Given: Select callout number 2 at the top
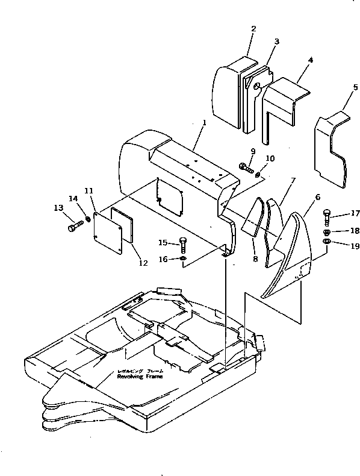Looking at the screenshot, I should tap(253, 28).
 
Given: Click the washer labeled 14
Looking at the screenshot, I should tap(89, 218).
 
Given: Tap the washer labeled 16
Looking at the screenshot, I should tap(182, 259).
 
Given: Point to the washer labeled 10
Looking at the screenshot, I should tap(258, 175).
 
